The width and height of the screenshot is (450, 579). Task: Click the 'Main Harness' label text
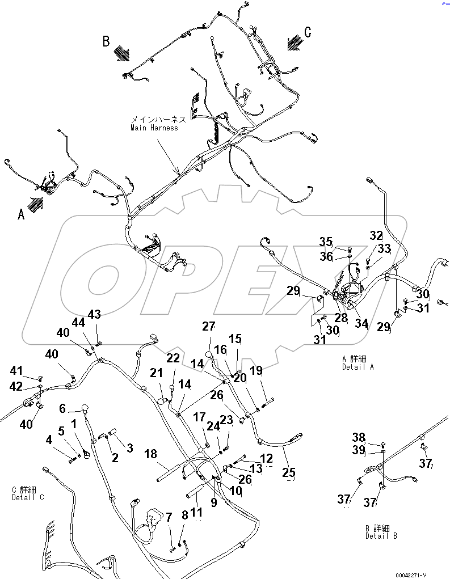[154, 128]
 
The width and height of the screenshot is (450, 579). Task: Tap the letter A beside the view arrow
[22, 214]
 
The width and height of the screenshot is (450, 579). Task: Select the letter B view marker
[106, 41]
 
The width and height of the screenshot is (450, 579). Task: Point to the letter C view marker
[308, 32]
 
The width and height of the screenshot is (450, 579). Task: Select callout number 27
[209, 326]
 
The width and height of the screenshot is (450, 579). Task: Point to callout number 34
[361, 324]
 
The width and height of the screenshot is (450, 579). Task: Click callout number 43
[94, 314]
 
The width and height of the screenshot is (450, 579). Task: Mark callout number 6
[62, 408]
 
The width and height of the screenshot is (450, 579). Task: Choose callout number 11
[196, 513]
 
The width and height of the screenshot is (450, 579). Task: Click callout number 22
[173, 358]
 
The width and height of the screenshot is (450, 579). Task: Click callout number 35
[325, 242]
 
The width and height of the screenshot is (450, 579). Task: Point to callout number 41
[17, 371]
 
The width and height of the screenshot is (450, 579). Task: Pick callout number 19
[256, 371]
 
